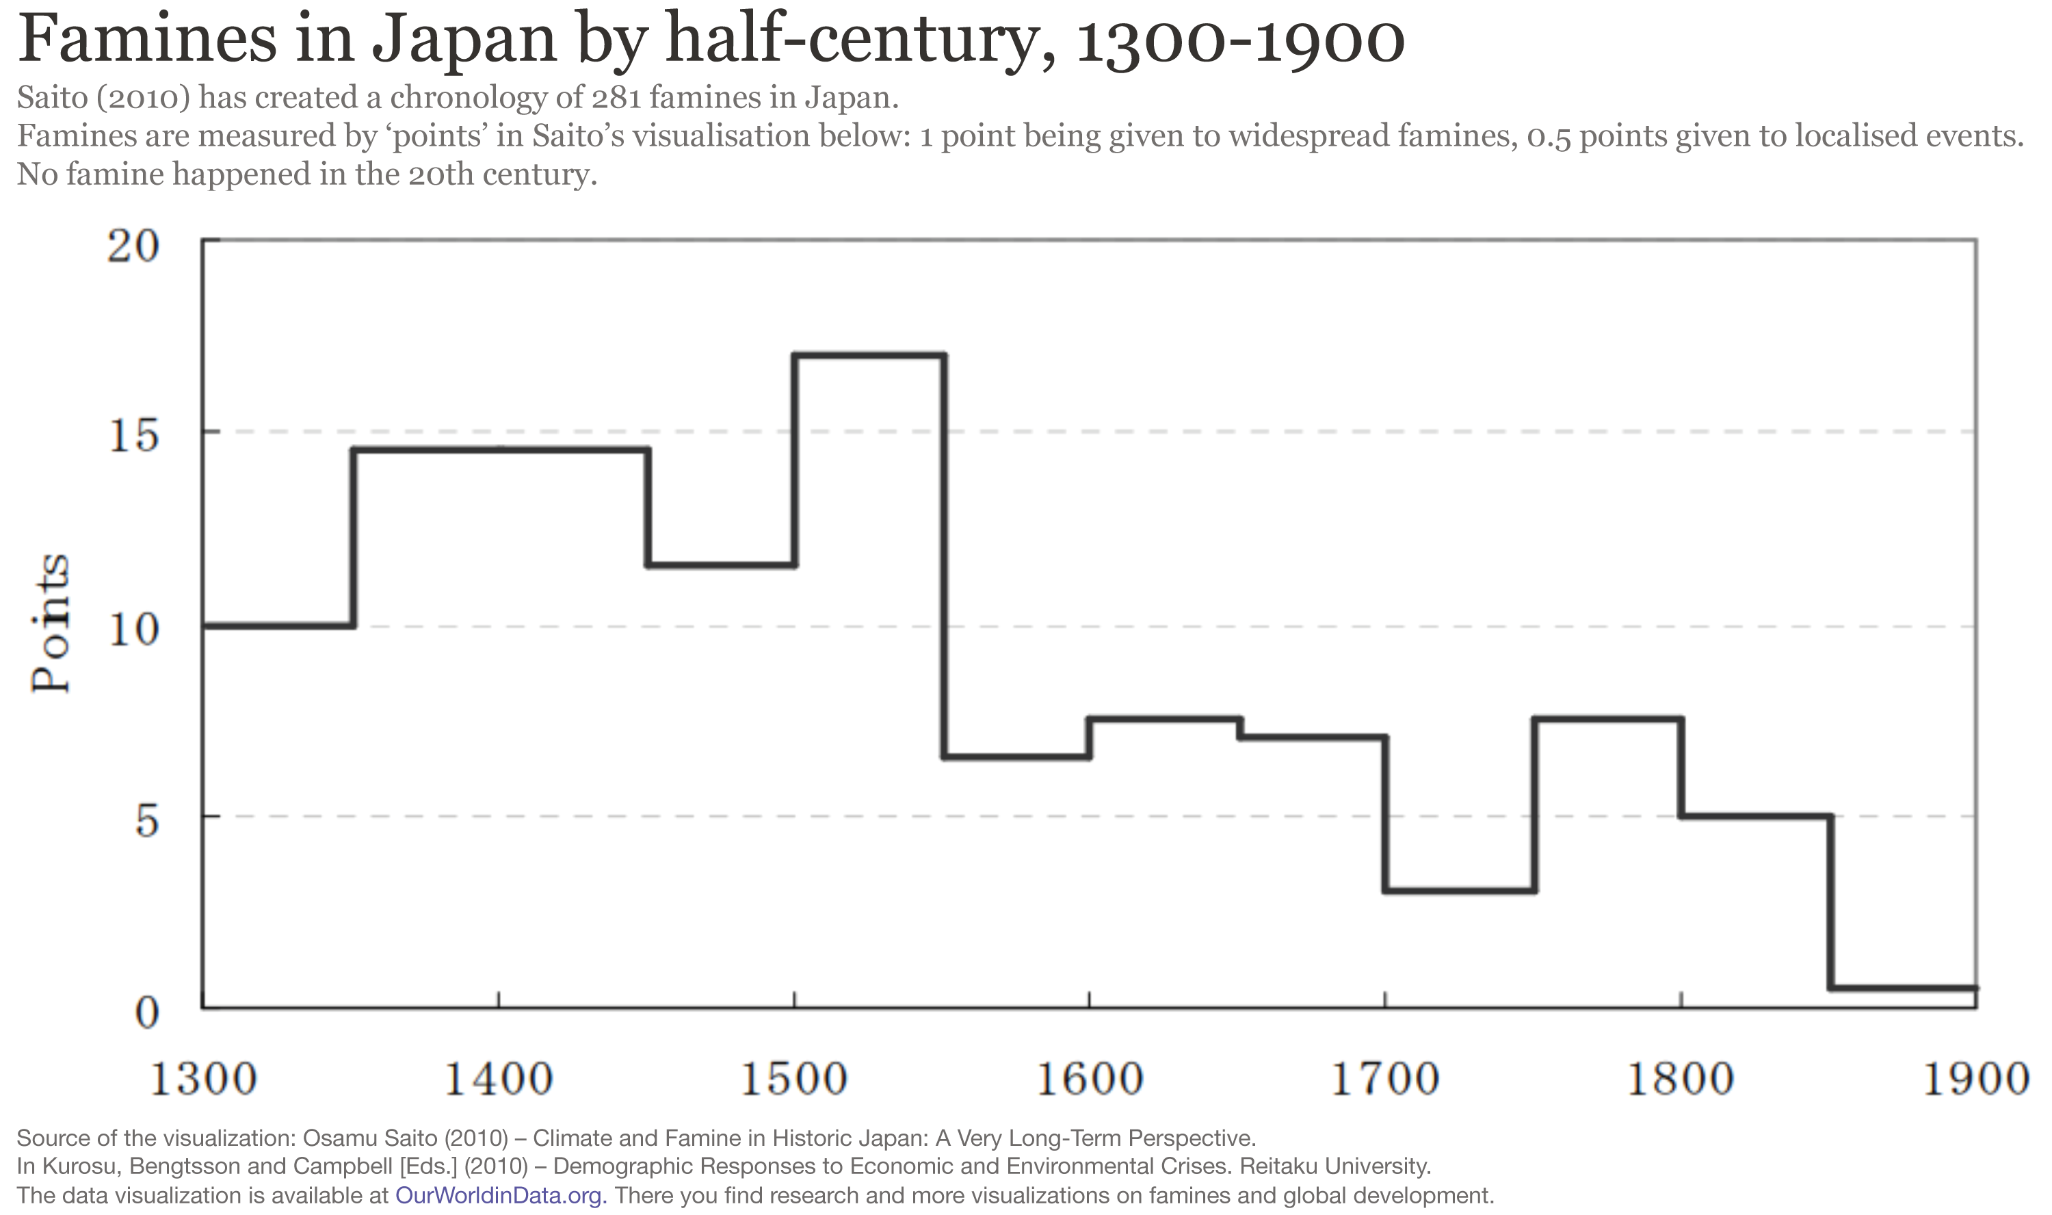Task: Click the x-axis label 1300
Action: (x=203, y=1079)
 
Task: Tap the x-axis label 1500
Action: (x=794, y=1079)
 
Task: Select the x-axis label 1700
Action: (x=1385, y=1079)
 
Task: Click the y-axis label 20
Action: (x=133, y=246)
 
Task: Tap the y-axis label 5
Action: (x=146, y=820)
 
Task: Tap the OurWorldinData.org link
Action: (x=499, y=1195)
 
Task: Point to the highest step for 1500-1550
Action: (x=869, y=355)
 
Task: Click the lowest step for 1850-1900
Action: (x=1903, y=988)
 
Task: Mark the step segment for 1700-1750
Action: (x=1460, y=890)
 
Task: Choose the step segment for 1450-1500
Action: (x=721, y=565)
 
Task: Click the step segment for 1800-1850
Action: (x=1755, y=816)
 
